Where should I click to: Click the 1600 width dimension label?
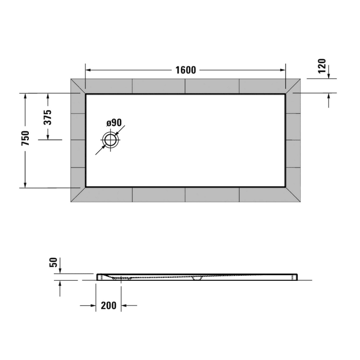pyautogui.click(x=185, y=70)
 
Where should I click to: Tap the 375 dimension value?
pyautogui.click(x=47, y=118)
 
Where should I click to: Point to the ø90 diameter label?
pyautogui.click(x=114, y=122)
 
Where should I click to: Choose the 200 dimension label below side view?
pyautogui.click(x=108, y=305)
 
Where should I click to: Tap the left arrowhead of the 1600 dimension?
pyautogui.click(x=88, y=70)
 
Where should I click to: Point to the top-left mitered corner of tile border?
pyautogui.click(x=78, y=86)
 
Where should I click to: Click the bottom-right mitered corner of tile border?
pyautogui.click(x=293, y=194)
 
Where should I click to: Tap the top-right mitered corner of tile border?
pyautogui.click(x=293, y=86)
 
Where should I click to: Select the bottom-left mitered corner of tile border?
pyautogui.click(x=78, y=194)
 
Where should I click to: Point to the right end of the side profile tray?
pyautogui.click(x=295, y=277)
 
